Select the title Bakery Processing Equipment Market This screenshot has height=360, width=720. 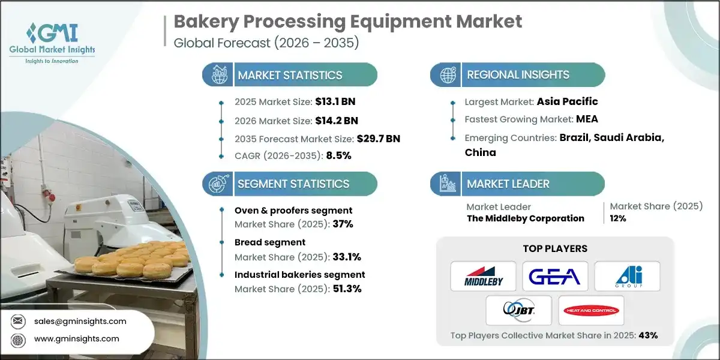pyautogui.click(x=348, y=22)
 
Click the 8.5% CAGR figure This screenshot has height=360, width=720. pyautogui.click(x=338, y=155)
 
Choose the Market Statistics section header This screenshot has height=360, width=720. pyautogui.click(x=290, y=75)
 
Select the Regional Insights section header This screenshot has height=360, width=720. pyautogui.click(x=518, y=75)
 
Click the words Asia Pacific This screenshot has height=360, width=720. pyautogui.click(x=568, y=101)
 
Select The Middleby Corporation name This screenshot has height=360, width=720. pyautogui.click(x=525, y=218)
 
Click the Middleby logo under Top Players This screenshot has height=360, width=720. pyautogui.click(x=483, y=276)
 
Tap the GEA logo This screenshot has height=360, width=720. pyautogui.click(x=555, y=276)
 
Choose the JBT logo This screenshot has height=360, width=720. pyautogui.click(x=519, y=310)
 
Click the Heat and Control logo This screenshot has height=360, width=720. pyautogui.click(x=591, y=310)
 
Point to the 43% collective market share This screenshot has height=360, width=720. pyautogui.click(x=648, y=335)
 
